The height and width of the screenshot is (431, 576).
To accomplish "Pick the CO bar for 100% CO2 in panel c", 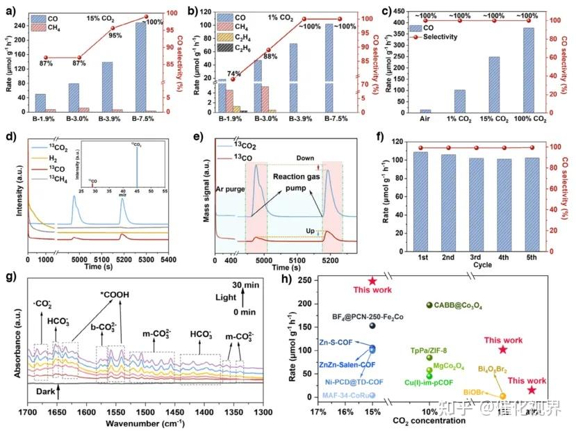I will (x=529, y=70).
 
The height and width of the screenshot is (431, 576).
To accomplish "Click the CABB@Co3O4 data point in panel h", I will (x=429, y=305).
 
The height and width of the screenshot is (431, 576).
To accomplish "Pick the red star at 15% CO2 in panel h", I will (x=372, y=281).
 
